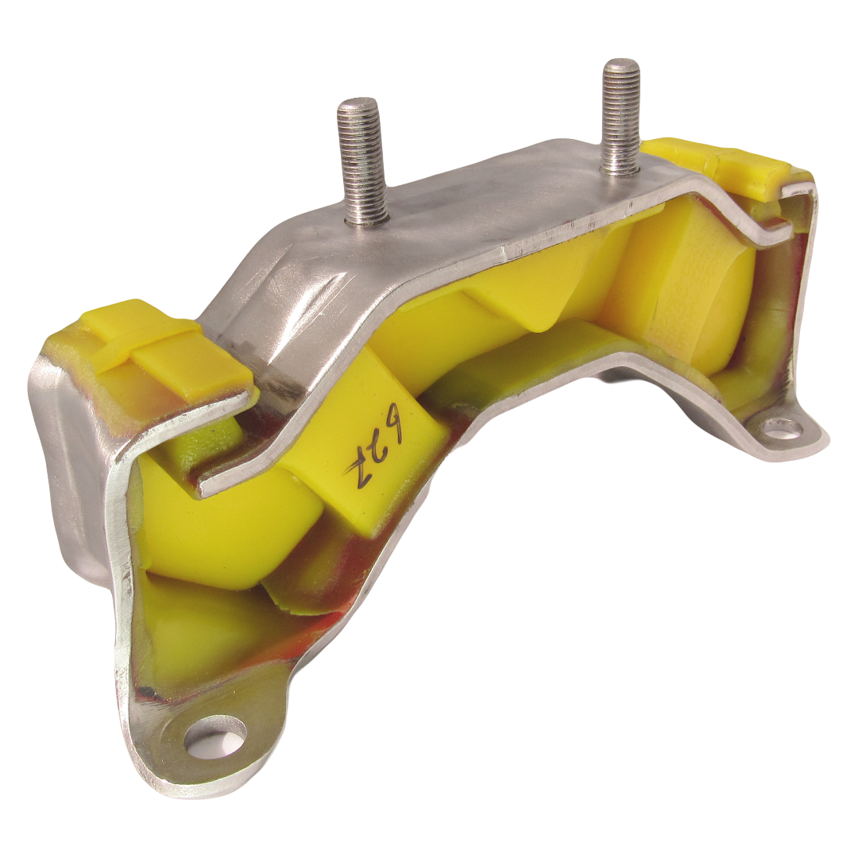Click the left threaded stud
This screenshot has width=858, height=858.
tap(362, 159)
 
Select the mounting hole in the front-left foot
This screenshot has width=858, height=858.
tap(214, 739)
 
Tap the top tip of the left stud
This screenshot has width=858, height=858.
tap(357, 103)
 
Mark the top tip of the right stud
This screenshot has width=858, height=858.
tap(621, 64)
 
